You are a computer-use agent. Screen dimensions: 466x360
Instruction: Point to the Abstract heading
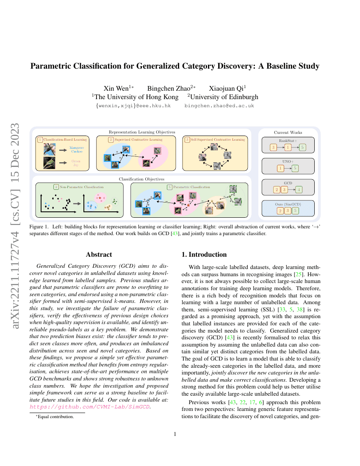point(99,255)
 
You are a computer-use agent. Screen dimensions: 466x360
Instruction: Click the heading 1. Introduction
point(204,255)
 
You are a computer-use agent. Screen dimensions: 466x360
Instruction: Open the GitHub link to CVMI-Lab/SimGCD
point(90,407)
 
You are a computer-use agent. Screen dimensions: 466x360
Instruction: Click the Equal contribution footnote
point(55,417)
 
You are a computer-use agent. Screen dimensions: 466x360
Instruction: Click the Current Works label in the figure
point(288,133)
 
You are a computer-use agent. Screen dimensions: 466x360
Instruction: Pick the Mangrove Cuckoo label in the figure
point(77,149)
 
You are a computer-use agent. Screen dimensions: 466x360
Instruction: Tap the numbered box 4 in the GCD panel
point(299,189)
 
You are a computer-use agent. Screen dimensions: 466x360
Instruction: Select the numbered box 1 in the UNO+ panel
point(280,168)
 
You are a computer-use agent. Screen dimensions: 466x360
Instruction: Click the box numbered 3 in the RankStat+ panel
point(274,147)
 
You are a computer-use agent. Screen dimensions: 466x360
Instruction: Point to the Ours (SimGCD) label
point(288,204)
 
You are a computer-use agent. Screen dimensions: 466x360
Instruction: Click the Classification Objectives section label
point(141,179)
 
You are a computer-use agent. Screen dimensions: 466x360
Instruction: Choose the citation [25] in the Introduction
point(298,275)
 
